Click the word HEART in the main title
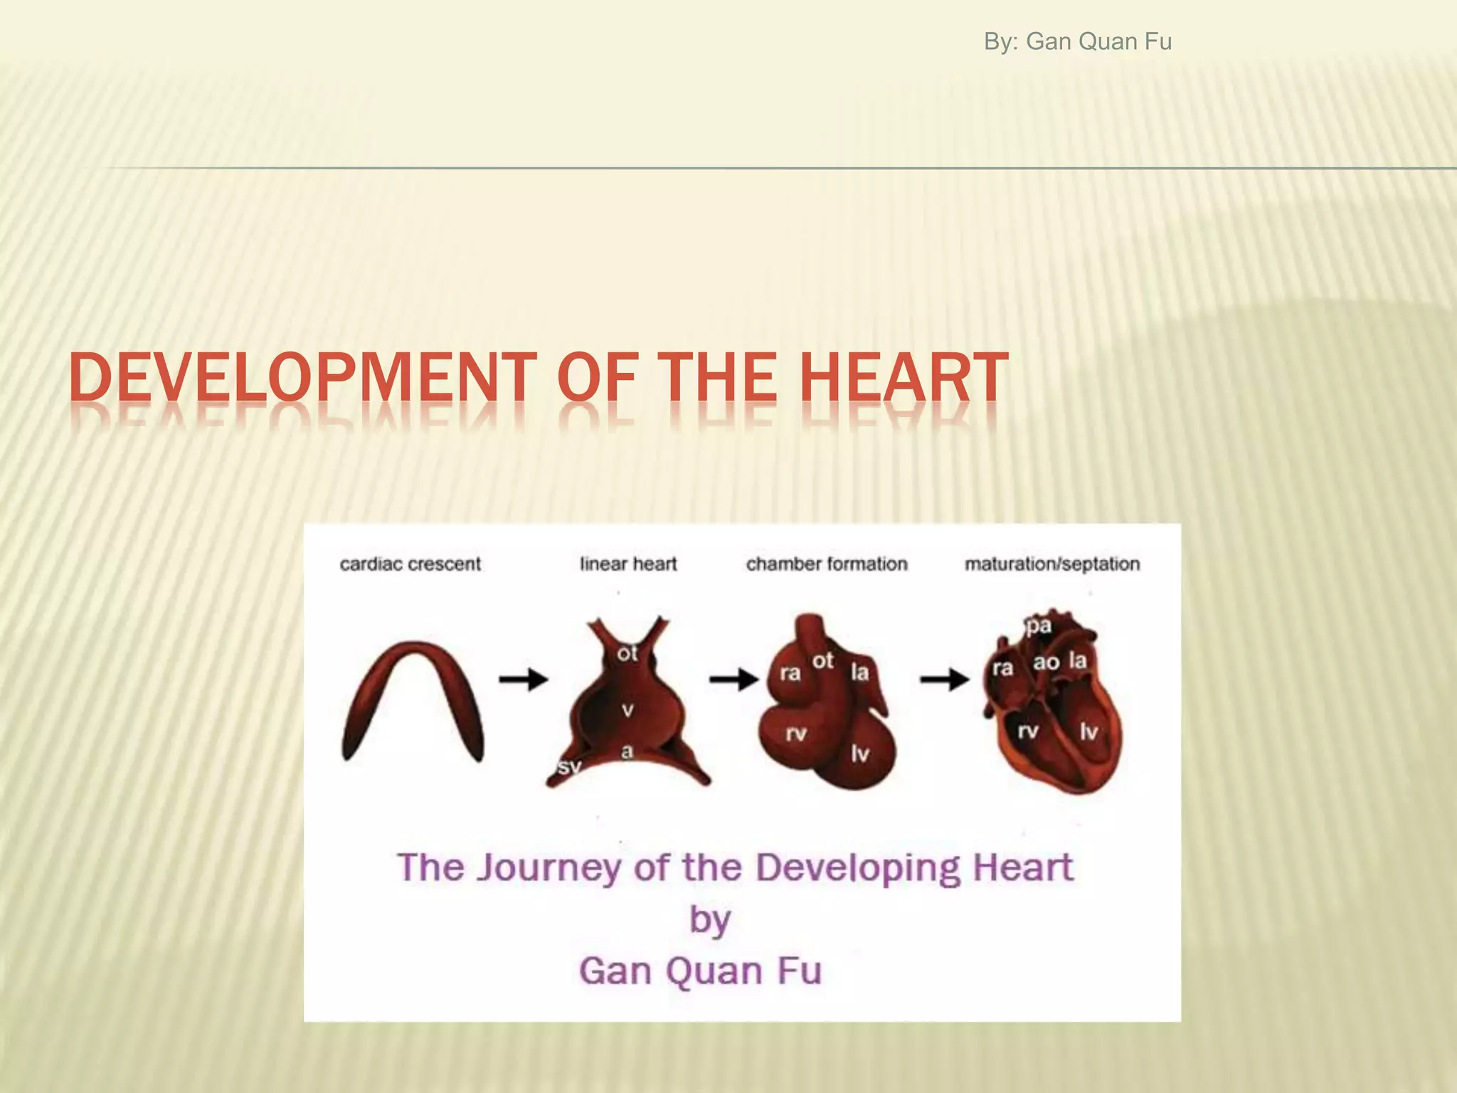(904, 378)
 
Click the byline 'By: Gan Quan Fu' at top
(1077, 42)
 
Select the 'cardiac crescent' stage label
(410, 564)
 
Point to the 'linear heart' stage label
(628, 564)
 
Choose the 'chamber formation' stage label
(827, 564)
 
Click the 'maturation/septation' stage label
(1052, 564)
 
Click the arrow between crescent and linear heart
(523, 680)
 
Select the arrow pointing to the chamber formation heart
(733, 680)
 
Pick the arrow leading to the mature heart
(944, 680)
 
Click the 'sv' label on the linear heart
(569, 766)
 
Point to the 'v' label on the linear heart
(627, 709)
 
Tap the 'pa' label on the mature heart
(1039, 626)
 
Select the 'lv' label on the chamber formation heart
(860, 754)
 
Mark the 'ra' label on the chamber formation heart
(790, 672)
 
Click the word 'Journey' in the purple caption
(549, 869)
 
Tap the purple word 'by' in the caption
(709, 920)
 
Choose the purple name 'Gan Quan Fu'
(700, 971)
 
